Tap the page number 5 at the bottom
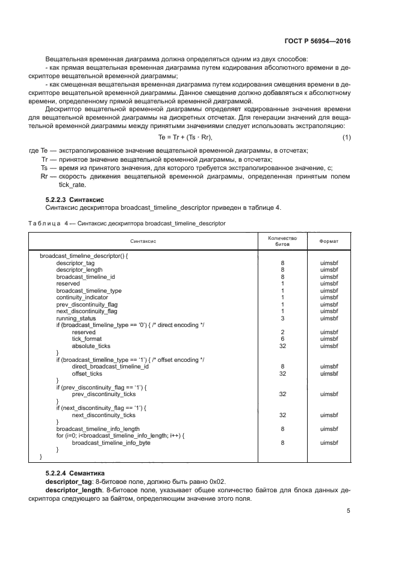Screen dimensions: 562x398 [349, 511]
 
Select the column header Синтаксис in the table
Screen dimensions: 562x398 [142, 241]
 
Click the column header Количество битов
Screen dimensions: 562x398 [282, 241]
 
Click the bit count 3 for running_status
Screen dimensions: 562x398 [282, 318]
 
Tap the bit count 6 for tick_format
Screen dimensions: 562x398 [282, 339]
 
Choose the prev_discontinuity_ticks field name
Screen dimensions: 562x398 [104, 394]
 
